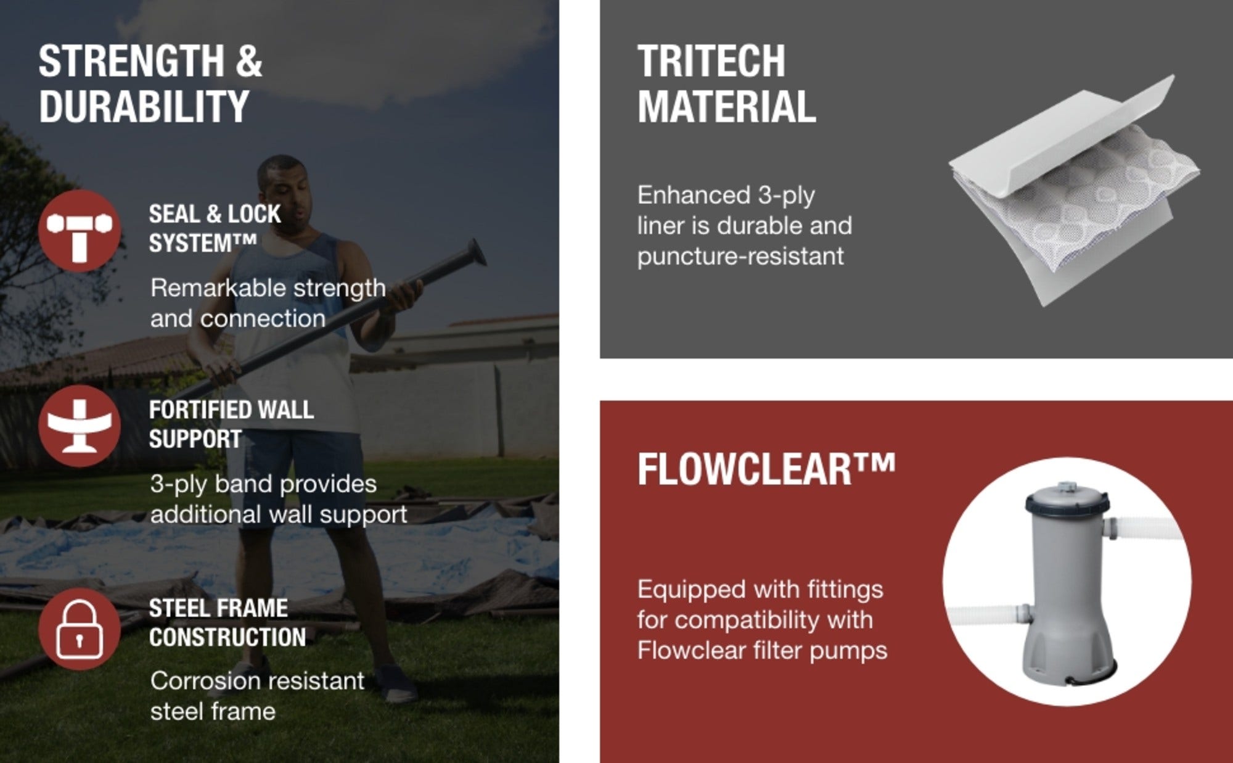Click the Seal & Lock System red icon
coord(80,231)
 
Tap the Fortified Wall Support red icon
coord(80,426)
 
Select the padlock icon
coord(80,629)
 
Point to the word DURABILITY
coord(144,106)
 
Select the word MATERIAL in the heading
coord(727,106)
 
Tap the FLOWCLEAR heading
coord(766,469)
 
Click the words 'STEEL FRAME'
coord(218,608)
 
